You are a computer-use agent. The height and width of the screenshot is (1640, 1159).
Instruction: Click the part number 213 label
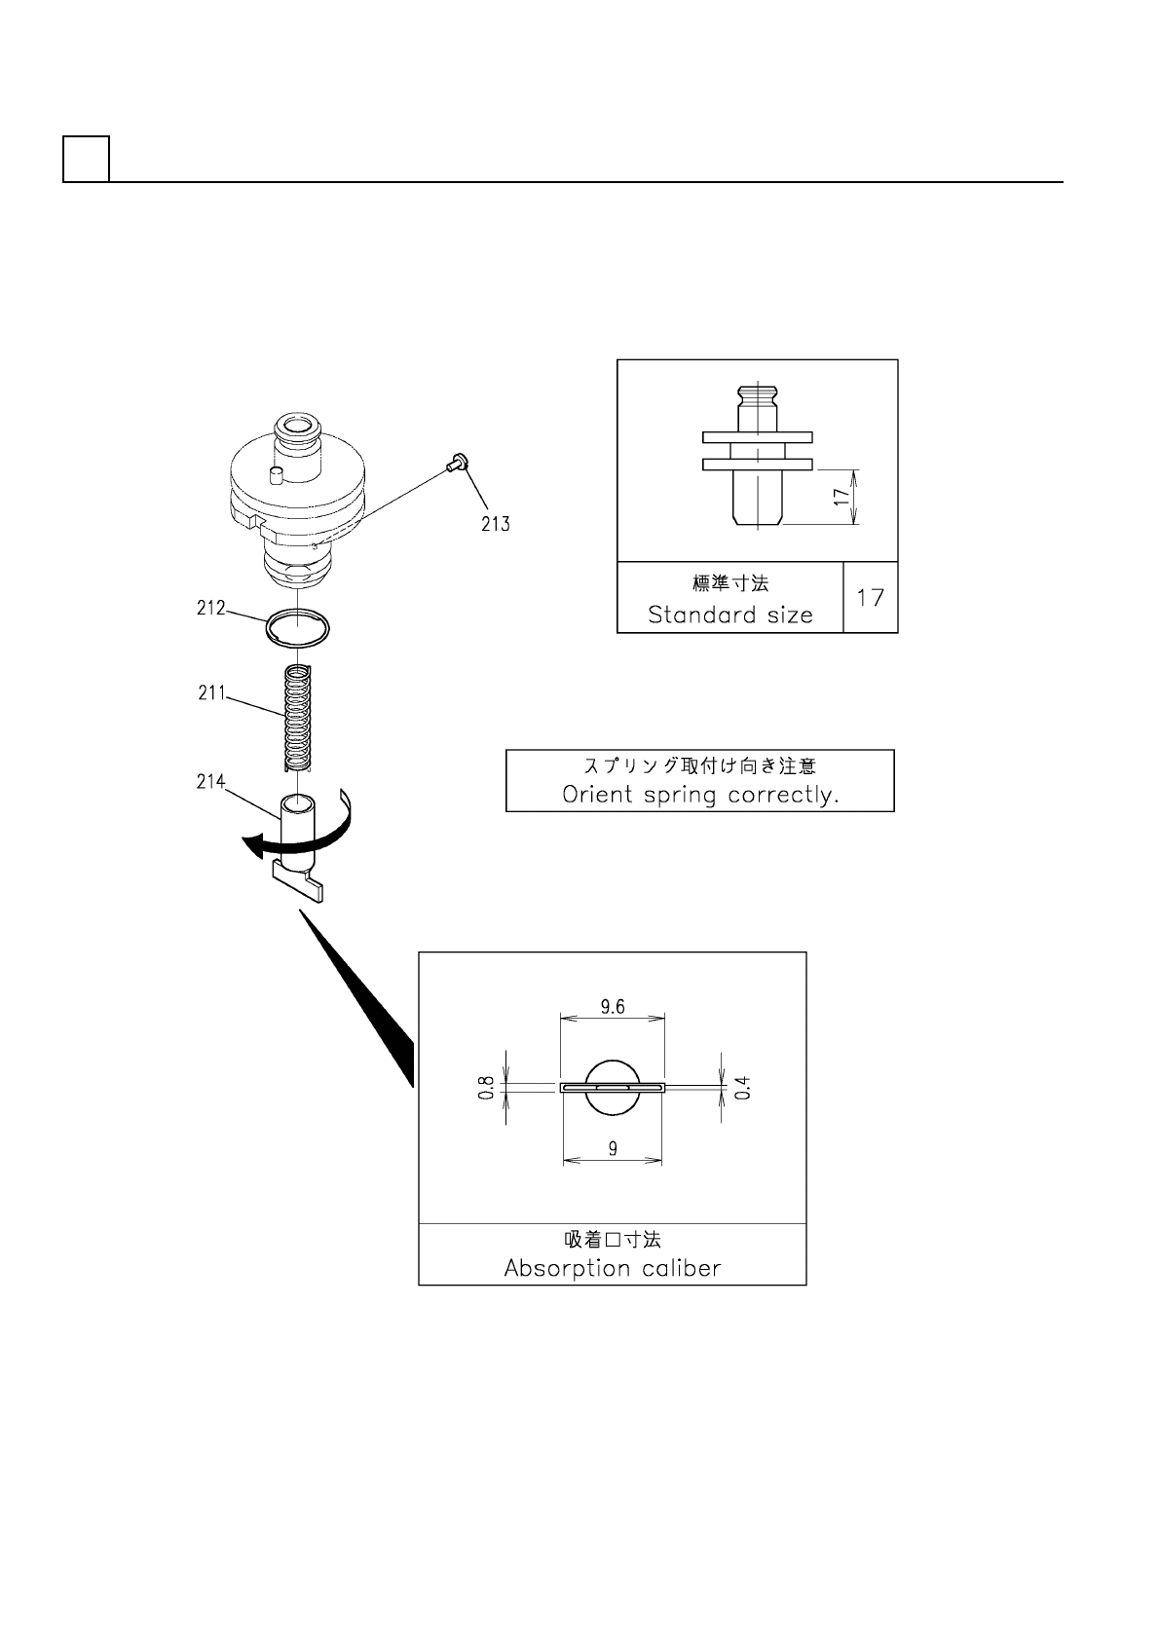(495, 524)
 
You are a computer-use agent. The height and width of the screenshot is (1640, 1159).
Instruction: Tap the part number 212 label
(210, 609)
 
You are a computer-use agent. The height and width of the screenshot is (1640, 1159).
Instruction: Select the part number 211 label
(211, 693)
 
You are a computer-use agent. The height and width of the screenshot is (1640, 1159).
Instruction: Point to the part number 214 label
(210, 781)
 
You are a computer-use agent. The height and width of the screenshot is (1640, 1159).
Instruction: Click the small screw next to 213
(457, 465)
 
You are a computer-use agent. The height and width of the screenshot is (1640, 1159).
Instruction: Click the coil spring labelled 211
(297, 716)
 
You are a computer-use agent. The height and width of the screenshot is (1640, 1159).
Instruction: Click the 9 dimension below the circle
(613, 1149)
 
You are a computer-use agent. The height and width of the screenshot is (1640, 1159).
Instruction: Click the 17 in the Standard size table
(870, 597)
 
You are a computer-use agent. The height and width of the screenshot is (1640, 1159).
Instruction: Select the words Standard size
(729, 615)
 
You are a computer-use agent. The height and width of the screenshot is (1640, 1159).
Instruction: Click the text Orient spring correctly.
(700, 795)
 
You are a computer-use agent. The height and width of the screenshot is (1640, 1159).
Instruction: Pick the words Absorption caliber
(612, 1268)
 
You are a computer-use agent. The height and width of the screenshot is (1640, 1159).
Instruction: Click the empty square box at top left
(86, 159)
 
